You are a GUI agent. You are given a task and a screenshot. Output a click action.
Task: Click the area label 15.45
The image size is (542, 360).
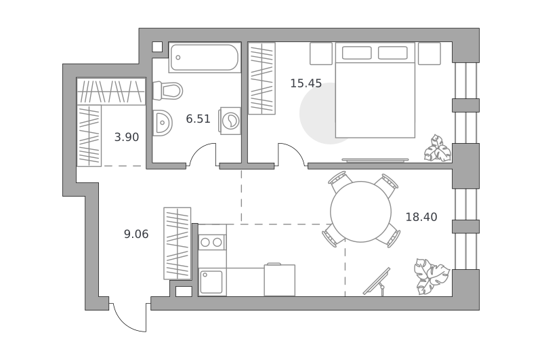[x=306, y=83]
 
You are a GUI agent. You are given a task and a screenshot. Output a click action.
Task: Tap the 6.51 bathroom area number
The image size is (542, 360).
[x=198, y=119]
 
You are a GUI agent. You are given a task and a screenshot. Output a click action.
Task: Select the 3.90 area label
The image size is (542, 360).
[x=127, y=138]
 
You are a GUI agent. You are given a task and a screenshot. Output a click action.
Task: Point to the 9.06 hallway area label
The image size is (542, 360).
[x=136, y=234]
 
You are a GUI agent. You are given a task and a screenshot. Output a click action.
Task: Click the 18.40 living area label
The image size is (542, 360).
[x=421, y=217]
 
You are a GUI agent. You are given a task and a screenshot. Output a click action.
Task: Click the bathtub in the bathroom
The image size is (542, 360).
[x=205, y=58]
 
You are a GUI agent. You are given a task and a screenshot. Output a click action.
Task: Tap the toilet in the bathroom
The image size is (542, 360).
[x=167, y=91]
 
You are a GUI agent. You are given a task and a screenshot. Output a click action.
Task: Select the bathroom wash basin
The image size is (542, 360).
[x=162, y=123]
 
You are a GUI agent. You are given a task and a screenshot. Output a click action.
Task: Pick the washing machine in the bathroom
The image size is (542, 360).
[x=230, y=121]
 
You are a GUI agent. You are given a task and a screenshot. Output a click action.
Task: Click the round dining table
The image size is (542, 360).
[x=360, y=212]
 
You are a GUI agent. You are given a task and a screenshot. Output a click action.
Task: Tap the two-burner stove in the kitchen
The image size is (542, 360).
[x=211, y=242]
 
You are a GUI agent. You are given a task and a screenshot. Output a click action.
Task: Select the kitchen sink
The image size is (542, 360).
[x=211, y=282]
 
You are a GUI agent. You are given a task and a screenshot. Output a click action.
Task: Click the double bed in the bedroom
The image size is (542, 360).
[x=375, y=90]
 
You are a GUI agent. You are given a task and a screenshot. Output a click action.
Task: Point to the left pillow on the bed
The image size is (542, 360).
[x=357, y=53]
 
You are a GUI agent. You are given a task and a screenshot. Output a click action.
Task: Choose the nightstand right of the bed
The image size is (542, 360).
[x=430, y=54]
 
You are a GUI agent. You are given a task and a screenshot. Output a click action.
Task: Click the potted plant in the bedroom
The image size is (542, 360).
[x=438, y=148]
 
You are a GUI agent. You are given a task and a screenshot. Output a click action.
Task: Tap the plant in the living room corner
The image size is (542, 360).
[x=432, y=276]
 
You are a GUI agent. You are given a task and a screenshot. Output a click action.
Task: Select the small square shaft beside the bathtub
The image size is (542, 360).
[x=157, y=47]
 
